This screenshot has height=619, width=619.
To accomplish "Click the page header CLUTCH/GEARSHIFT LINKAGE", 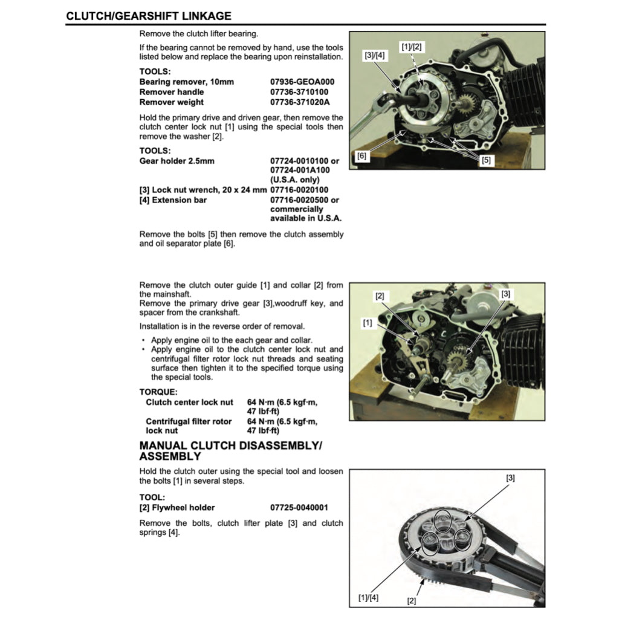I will coord(149,16).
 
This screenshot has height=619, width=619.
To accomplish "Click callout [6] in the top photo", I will coord(361,155).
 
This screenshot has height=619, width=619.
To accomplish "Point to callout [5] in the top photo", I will coord(487,160).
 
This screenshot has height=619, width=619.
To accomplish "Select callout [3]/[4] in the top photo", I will coord(374,55).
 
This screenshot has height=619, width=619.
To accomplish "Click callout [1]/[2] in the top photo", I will coord(412,46).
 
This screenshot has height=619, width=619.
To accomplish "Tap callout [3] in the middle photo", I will coord(506,293).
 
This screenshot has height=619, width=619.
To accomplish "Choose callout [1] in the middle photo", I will coord(368,323).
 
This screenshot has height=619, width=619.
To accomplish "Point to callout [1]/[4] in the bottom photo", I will coord(369,598).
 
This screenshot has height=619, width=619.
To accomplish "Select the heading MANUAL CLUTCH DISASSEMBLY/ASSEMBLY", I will coord(231,451).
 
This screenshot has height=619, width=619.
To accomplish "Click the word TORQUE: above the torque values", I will coord(158,392).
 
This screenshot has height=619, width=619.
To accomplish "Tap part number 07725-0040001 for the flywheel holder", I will coord(299,508).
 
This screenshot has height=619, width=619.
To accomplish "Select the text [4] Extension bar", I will coord(173,200).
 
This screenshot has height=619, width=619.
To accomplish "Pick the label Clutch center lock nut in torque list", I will coord(189,402).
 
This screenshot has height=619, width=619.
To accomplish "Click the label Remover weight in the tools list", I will coord(172,102).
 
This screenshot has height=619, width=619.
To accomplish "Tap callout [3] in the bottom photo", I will coord(510,478).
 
